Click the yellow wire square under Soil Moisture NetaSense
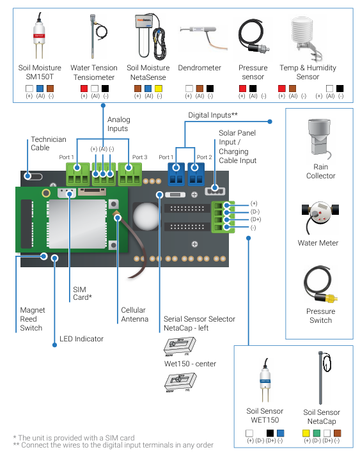click(x=159, y=88)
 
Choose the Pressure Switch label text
click(x=320, y=316)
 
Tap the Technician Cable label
click(x=49, y=144)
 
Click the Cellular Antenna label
click(x=135, y=315)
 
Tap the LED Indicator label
click(x=81, y=339)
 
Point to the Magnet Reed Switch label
click(x=31, y=319)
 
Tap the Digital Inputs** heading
click(x=213, y=116)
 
